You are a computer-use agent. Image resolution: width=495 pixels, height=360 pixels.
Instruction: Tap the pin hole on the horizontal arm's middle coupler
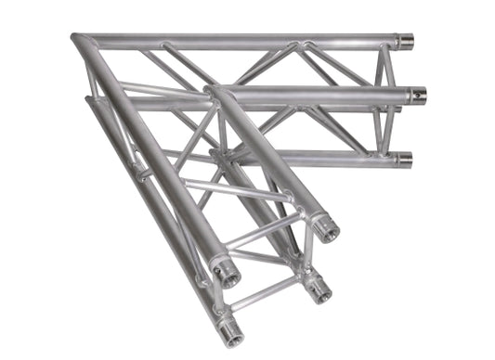click(x=419, y=94)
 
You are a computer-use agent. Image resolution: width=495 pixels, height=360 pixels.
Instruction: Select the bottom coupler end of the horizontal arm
click(x=405, y=159)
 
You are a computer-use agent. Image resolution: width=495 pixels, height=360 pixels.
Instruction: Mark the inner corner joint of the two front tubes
click(x=213, y=92)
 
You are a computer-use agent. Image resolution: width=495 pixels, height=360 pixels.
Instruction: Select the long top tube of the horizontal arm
click(x=241, y=42)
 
